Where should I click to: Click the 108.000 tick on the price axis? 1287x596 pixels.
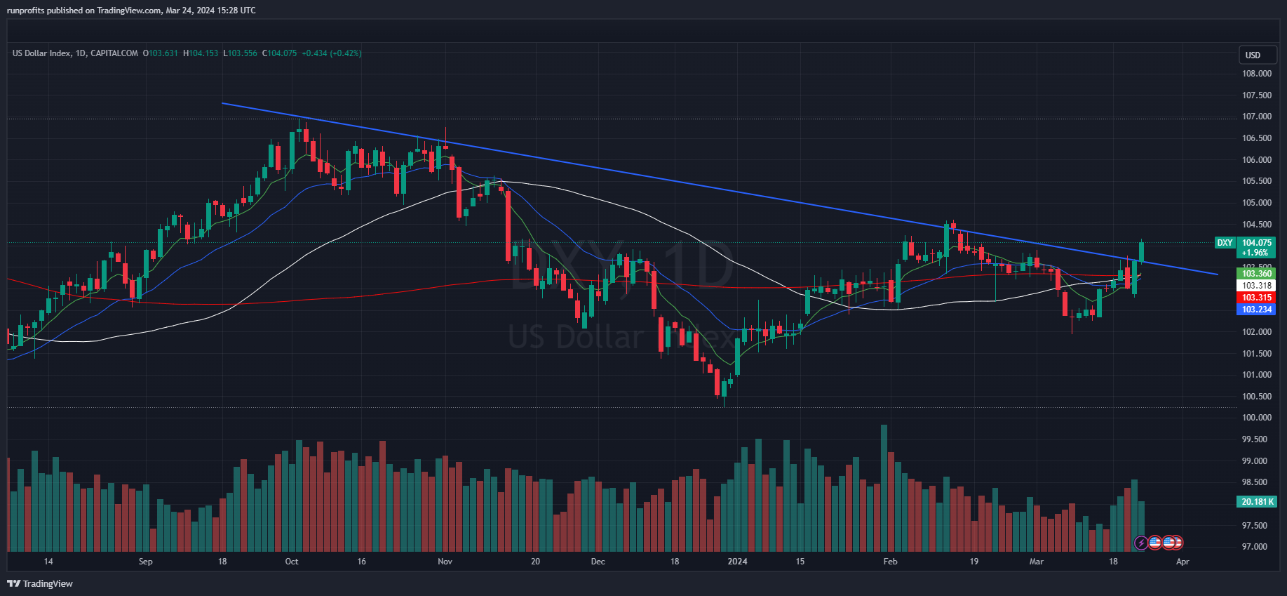pos(1256,74)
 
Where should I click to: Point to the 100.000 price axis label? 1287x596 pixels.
pos(1256,418)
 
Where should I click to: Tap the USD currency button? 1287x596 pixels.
pos(1253,55)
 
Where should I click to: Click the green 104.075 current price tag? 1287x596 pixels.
pos(1256,243)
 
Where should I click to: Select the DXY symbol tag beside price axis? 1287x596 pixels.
pos(1225,243)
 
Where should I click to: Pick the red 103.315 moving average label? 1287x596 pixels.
pos(1256,298)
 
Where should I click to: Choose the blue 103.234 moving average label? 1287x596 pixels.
pos(1256,310)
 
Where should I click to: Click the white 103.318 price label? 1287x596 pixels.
pos(1256,286)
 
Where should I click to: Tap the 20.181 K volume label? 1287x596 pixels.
pos(1257,502)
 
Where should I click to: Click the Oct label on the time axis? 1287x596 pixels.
pos(292,562)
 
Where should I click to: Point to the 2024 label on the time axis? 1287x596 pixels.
pos(737,562)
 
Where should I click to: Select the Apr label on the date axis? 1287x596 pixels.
pos(1182,562)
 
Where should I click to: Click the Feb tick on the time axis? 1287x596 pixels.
pos(890,562)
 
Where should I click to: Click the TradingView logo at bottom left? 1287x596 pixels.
pos(40,583)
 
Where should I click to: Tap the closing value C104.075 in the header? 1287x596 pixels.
pos(280,53)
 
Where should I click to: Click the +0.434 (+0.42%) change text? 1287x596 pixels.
pos(332,53)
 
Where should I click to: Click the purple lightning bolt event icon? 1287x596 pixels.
pos(1141,543)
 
